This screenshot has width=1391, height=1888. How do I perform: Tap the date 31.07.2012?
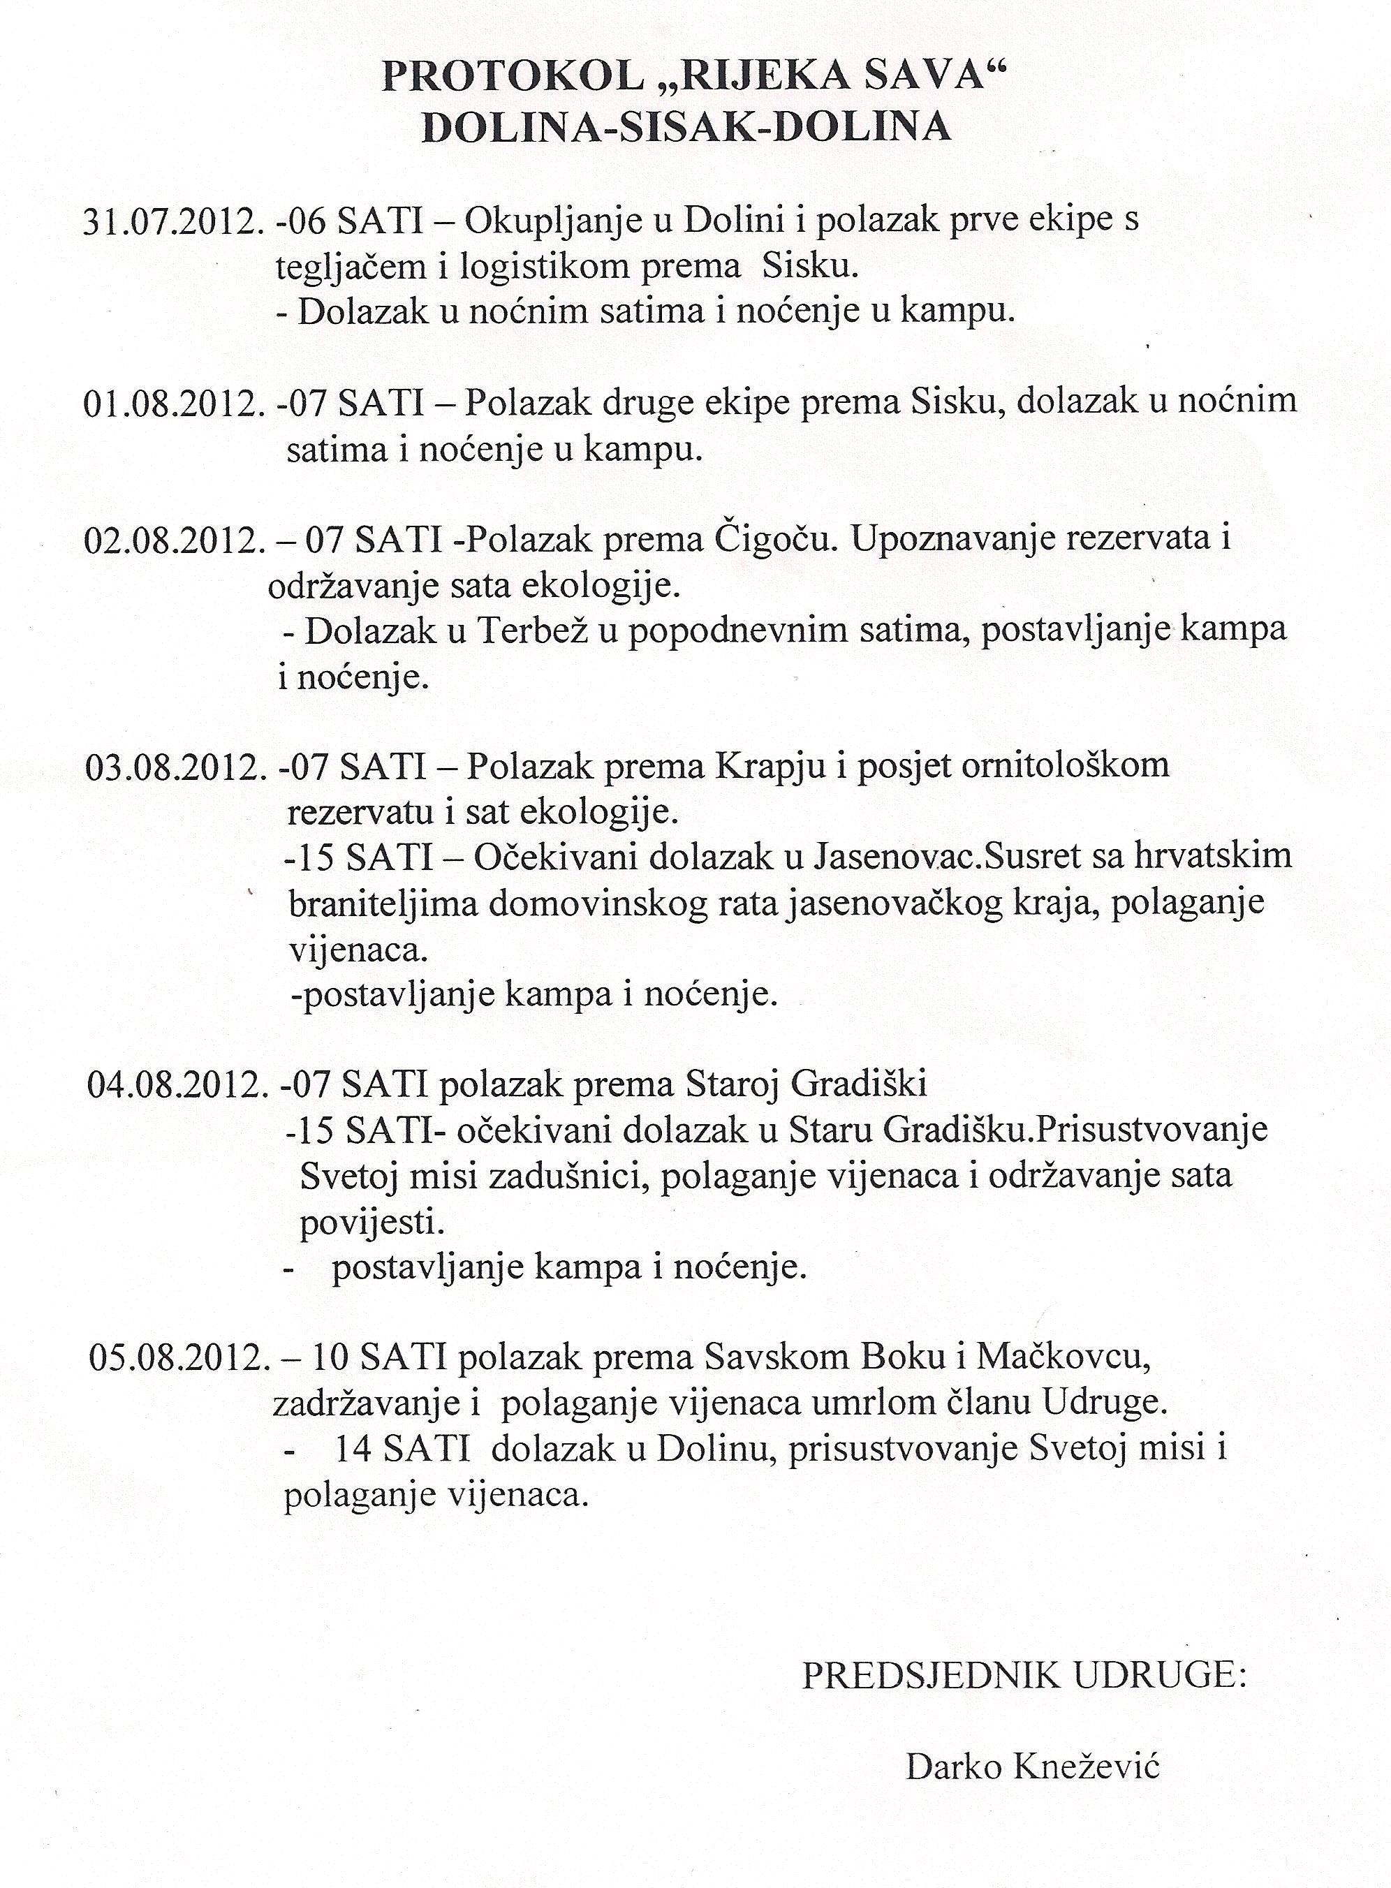coord(169,221)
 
